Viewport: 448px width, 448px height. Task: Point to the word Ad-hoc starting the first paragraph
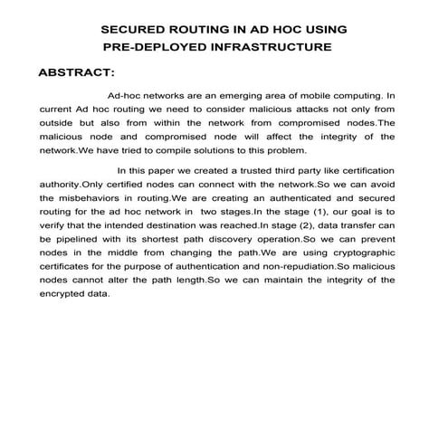click(x=125, y=93)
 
